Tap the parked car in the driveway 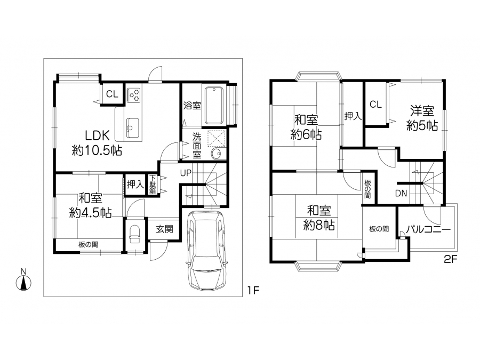click(207, 250)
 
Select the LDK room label click(97, 143)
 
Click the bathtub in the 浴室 click(214, 105)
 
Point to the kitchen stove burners click(134, 94)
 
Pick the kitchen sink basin click(132, 127)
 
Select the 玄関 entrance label click(164, 229)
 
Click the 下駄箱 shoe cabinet click(152, 185)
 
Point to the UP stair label click(186, 173)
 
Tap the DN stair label click(401, 193)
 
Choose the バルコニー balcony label click(428, 229)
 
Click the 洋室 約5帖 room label click(422, 118)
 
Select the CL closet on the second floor click(375, 104)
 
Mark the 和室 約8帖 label click(319, 218)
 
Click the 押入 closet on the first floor click(135, 185)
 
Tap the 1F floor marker click(253, 290)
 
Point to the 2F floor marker click(450, 260)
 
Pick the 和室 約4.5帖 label click(90, 205)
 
